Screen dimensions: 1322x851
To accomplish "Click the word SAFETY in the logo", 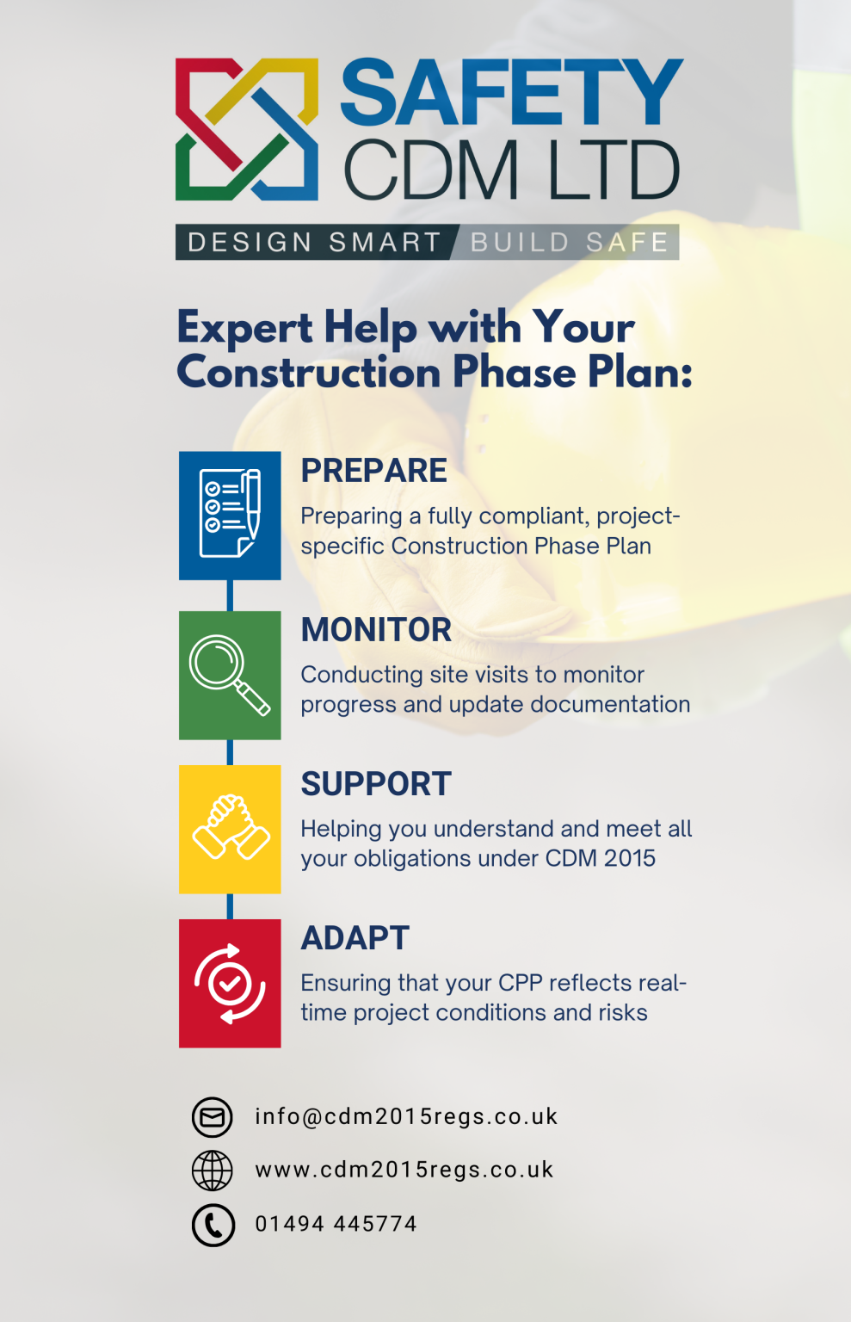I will point(512,93).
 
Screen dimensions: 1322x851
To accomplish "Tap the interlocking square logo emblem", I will point(247,129).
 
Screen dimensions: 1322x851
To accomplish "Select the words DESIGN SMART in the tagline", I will point(314,243).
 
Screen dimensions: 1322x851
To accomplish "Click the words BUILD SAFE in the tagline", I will point(570,243).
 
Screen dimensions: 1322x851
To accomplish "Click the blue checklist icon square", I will point(230,515).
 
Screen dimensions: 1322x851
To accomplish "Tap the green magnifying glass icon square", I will point(230,675).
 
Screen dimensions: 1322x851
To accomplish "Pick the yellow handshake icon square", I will point(230,829).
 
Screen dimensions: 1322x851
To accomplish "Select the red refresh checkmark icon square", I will point(230,983).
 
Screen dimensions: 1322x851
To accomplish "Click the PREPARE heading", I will point(373,471).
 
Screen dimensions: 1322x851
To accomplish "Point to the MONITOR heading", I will point(376,630).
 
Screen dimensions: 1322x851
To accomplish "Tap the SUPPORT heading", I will point(376,784).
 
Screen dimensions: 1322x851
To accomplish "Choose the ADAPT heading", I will point(355,938).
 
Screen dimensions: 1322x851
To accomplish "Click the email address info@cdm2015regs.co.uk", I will point(406,1116).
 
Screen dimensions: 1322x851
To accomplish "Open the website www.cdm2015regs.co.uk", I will point(404,1170).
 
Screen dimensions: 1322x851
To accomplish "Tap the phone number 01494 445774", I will point(336,1224).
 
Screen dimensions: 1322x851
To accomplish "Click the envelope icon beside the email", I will point(212,1117).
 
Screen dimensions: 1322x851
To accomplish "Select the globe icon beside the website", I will point(212,1171).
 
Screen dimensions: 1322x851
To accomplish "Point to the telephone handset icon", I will point(213,1225).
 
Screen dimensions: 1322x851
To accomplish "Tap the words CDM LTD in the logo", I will point(512,170).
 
